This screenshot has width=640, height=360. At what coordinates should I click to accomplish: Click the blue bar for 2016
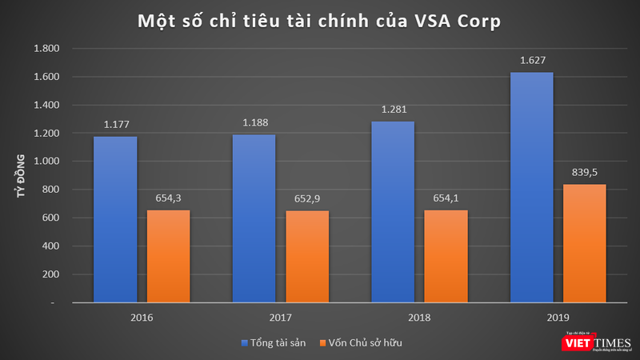coord(114,220)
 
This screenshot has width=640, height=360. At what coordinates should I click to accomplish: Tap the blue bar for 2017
coord(254,219)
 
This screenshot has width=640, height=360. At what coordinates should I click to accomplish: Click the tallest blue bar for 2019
coord(531,188)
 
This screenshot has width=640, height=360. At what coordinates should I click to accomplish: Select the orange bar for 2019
coord(584,244)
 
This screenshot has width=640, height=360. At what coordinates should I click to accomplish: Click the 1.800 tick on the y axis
coord(45,49)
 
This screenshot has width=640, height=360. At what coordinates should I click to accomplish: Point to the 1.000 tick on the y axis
coord(45,162)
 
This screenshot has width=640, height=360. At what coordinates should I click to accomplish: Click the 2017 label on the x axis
coord(280,318)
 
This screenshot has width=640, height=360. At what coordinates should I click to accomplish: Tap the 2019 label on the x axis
coord(558,318)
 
